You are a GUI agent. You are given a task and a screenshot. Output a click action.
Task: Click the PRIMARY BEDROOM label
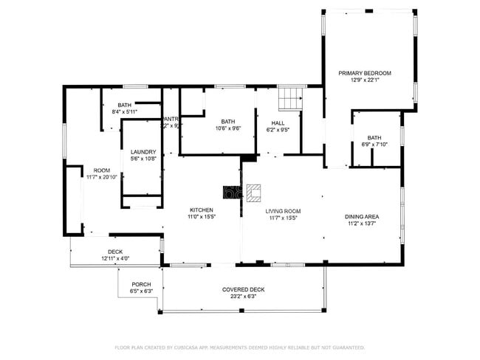click(364, 73)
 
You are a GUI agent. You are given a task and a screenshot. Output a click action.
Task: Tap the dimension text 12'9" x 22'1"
click(364, 80)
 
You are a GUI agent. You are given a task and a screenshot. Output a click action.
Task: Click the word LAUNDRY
click(143, 152)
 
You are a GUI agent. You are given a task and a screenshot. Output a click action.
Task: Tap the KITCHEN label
click(201, 210)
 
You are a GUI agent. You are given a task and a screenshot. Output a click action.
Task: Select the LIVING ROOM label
click(283, 211)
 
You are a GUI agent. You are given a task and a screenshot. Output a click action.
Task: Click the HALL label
click(278, 123)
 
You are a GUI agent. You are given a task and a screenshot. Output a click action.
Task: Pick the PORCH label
click(141, 284)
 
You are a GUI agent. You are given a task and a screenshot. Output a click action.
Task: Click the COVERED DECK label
click(243, 289)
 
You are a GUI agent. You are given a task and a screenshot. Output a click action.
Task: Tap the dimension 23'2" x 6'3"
click(243, 296)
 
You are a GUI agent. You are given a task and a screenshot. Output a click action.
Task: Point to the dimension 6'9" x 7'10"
click(374, 145)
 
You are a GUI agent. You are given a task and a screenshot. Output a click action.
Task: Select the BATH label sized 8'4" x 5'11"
click(124, 105)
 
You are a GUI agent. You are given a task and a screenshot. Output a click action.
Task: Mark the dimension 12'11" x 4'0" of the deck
click(115, 259)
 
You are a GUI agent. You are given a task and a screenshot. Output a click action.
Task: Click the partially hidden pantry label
click(171, 119)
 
